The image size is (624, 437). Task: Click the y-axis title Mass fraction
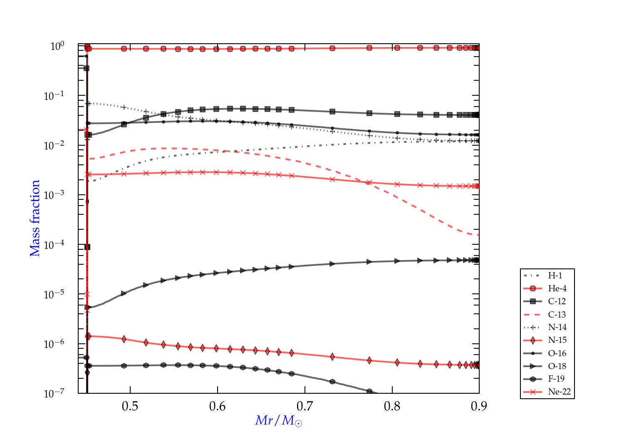[35, 218]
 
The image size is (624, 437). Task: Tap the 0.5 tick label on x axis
[130, 406]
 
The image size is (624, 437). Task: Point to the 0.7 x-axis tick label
[305, 406]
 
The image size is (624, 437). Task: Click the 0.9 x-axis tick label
[479, 406]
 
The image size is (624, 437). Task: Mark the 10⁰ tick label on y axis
[57, 46]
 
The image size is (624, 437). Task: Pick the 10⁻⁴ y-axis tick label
[54, 245]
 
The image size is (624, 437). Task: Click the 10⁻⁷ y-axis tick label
[54, 393]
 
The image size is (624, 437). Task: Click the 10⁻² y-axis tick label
[54, 145]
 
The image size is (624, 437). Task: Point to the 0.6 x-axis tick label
[218, 406]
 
